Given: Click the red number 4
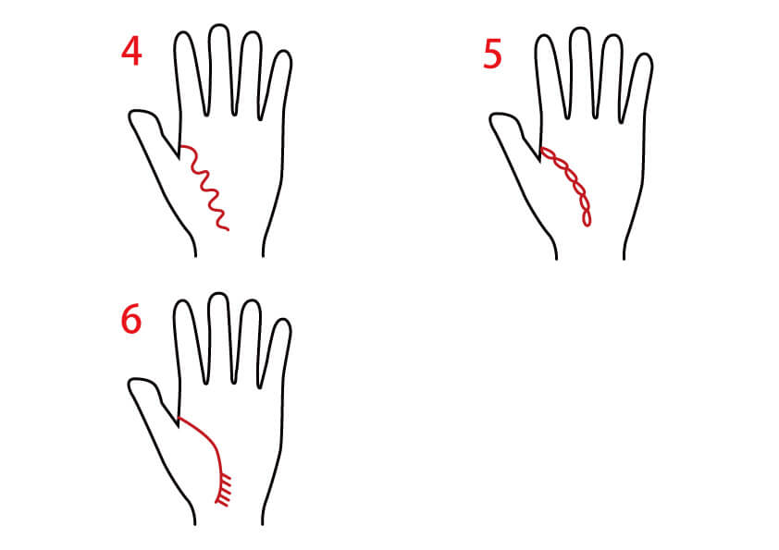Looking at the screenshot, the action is pyautogui.click(x=131, y=52).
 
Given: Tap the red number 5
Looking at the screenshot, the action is pyautogui.click(x=492, y=55).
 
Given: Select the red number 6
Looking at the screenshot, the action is pyautogui.click(x=131, y=319).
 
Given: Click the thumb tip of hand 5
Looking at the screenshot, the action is pyautogui.click(x=494, y=118).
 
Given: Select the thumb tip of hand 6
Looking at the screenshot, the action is pyautogui.click(x=132, y=384).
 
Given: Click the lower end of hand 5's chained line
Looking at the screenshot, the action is pyautogui.click(x=587, y=225).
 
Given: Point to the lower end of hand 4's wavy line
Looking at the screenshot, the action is pyautogui.click(x=228, y=229).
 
